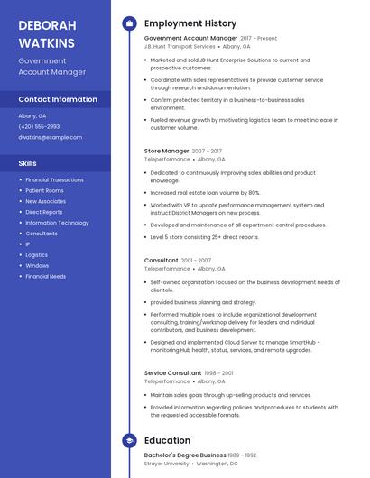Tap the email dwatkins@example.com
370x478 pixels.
point(50,137)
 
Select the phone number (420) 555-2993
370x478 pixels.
point(39,126)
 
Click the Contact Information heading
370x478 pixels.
point(58,99)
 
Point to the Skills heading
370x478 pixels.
point(28,163)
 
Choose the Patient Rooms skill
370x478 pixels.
point(44,190)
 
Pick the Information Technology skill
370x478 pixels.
point(57,222)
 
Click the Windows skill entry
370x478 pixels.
point(37,265)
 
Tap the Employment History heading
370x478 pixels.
point(190,23)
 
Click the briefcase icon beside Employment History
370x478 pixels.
point(129,23)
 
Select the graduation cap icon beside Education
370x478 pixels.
point(129,440)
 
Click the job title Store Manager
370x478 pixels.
point(167,151)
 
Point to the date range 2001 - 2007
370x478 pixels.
point(198,261)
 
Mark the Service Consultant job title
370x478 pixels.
point(172,372)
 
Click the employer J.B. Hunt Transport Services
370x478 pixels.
point(180,46)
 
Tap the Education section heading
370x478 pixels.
point(167,440)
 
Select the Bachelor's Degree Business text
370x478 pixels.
point(185,455)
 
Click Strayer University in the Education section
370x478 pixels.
point(167,464)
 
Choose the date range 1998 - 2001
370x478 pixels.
point(219,372)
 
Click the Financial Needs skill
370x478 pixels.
point(45,276)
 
